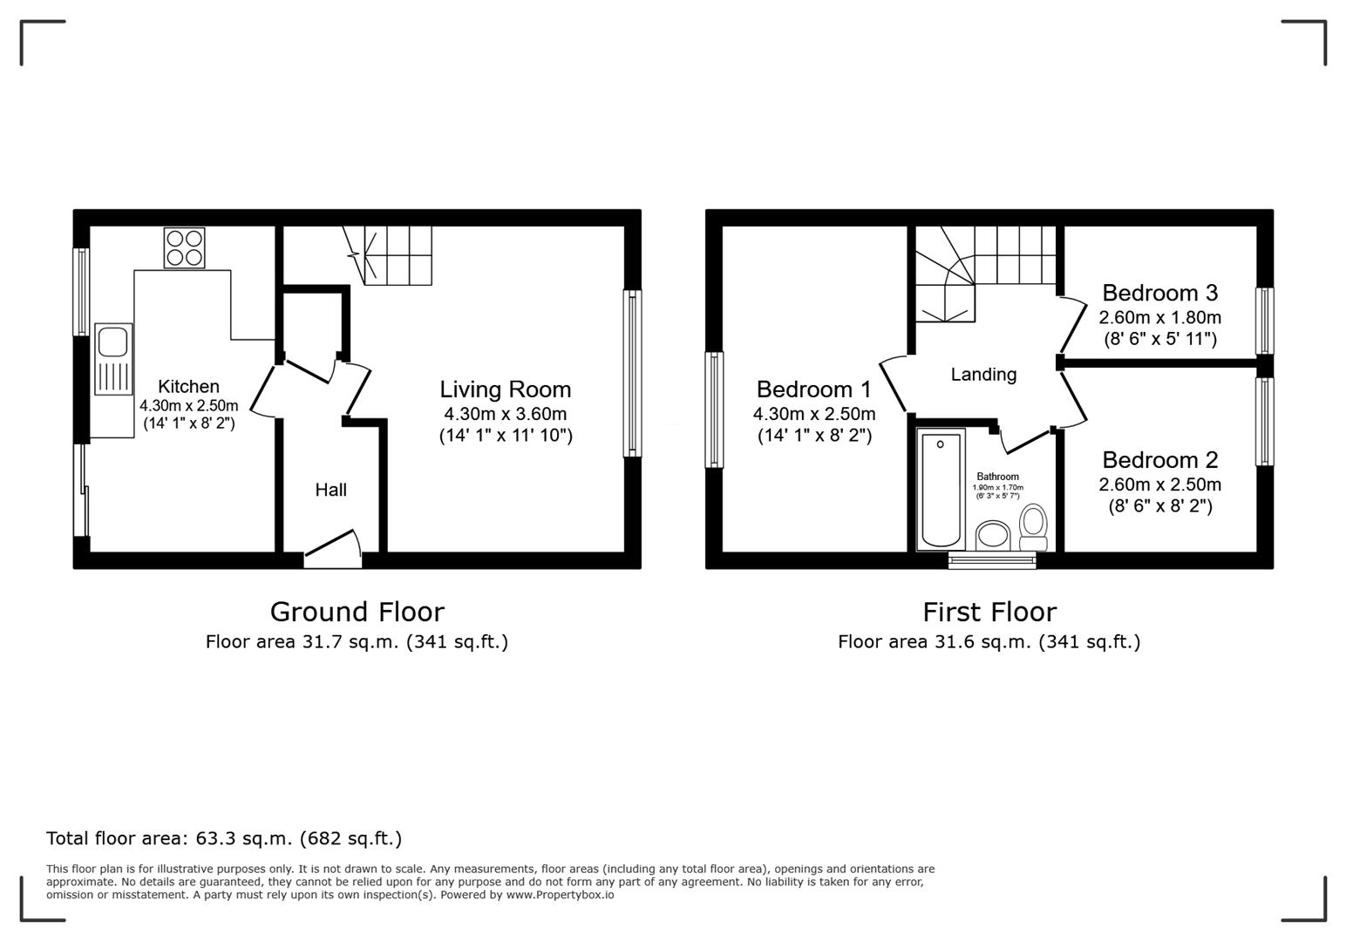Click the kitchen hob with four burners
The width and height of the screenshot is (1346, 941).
184,247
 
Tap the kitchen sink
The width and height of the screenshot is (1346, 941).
113,358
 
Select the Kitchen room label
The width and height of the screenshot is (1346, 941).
188,386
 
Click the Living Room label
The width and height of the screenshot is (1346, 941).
505,389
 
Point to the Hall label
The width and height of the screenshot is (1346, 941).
330,490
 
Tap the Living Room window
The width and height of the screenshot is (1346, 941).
632,373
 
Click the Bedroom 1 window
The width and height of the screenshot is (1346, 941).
714,410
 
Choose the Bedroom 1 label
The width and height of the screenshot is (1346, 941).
813,389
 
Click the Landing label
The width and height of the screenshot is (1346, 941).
983,375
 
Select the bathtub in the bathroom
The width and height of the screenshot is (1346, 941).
942,488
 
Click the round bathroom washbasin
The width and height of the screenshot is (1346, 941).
992,534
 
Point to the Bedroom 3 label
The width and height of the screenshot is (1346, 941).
1159,293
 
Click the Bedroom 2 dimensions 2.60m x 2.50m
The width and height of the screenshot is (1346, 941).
1159,484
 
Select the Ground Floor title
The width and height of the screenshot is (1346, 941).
357,612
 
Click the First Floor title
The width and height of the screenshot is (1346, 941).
989,612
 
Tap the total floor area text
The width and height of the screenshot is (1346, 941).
224,838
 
